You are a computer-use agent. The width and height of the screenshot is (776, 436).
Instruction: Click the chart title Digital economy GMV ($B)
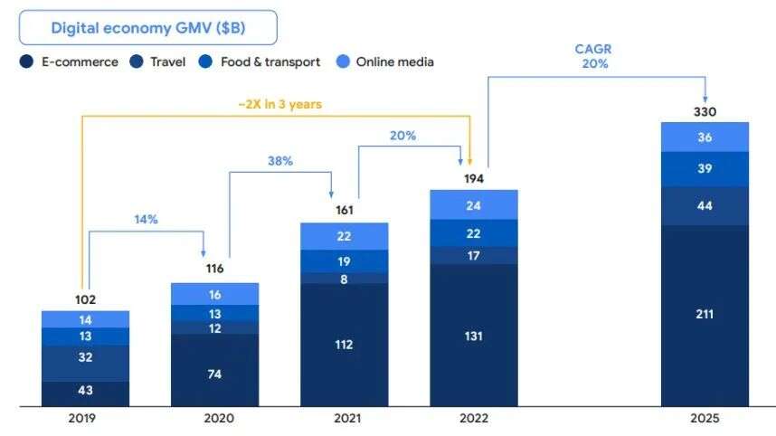[148, 27]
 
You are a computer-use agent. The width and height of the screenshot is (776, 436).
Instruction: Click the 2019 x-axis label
[85, 419]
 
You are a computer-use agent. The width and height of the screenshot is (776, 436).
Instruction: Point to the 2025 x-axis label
[705, 419]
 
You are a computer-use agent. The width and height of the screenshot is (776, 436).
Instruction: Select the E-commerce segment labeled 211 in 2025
[705, 314]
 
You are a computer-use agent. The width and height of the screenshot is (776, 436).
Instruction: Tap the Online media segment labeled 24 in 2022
[474, 204]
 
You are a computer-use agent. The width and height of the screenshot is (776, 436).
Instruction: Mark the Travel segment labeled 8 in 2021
[345, 279]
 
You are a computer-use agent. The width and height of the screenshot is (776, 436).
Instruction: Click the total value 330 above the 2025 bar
[705, 112]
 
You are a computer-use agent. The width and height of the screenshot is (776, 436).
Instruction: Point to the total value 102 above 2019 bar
[85, 299]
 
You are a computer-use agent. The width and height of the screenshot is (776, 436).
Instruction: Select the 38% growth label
[279, 160]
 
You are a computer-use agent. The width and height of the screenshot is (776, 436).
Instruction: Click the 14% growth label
[147, 219]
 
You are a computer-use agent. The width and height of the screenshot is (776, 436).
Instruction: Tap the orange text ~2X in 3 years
[279, 104]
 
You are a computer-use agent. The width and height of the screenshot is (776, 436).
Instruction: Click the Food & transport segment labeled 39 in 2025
[705, 169]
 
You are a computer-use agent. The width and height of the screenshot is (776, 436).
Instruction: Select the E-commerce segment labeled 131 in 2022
[474, 336]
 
